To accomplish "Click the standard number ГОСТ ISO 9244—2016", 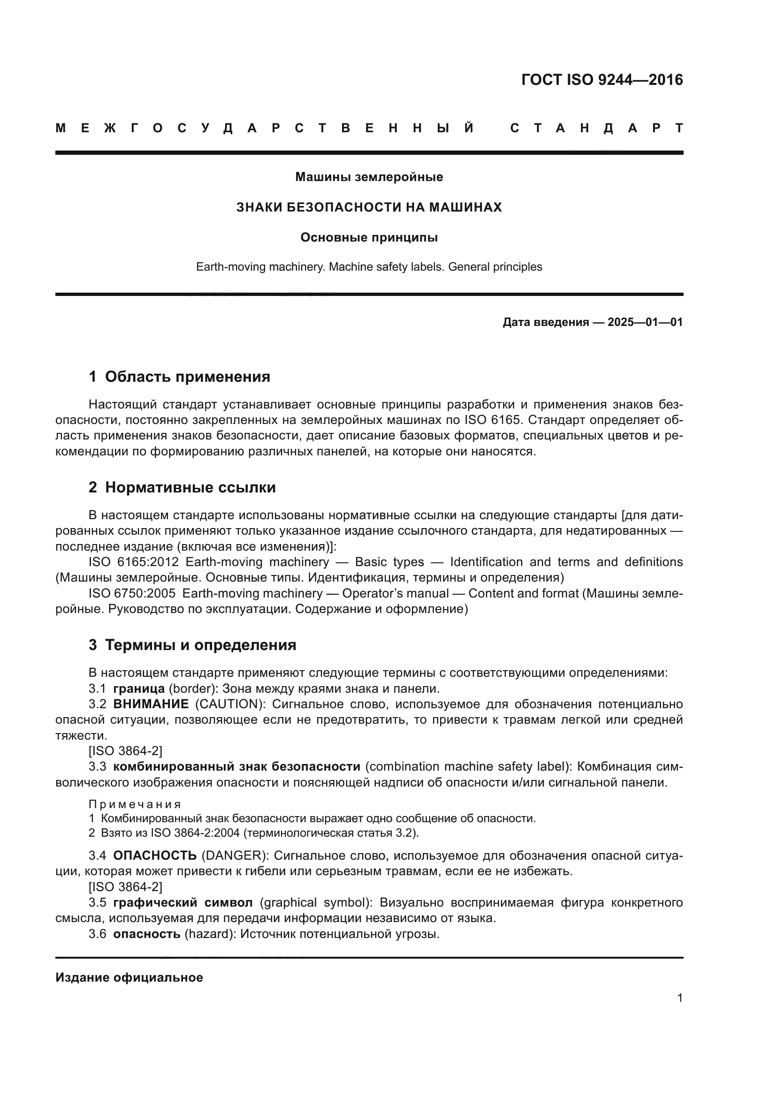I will (x=602, y=80).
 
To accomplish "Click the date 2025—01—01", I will (x=645, y=322).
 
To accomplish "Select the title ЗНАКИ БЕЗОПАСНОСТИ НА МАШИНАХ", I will (x=369, y=207).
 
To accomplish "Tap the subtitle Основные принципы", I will (x=369, y=237).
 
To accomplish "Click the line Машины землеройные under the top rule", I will (x=369, y=177).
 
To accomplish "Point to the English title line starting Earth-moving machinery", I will (x=369, y=266).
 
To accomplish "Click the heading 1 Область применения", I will (x=179, y=377).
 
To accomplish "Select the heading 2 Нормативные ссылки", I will (x=182, y=488).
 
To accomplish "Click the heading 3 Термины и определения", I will (x=192, y=645).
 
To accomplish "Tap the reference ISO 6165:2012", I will (x=133, y=562).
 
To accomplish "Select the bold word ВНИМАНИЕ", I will (x=151, y=704).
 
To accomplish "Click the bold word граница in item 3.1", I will (x=138, y=688).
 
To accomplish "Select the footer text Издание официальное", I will (x=129, y=977).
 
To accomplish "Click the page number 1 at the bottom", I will (x=680, y=998).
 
